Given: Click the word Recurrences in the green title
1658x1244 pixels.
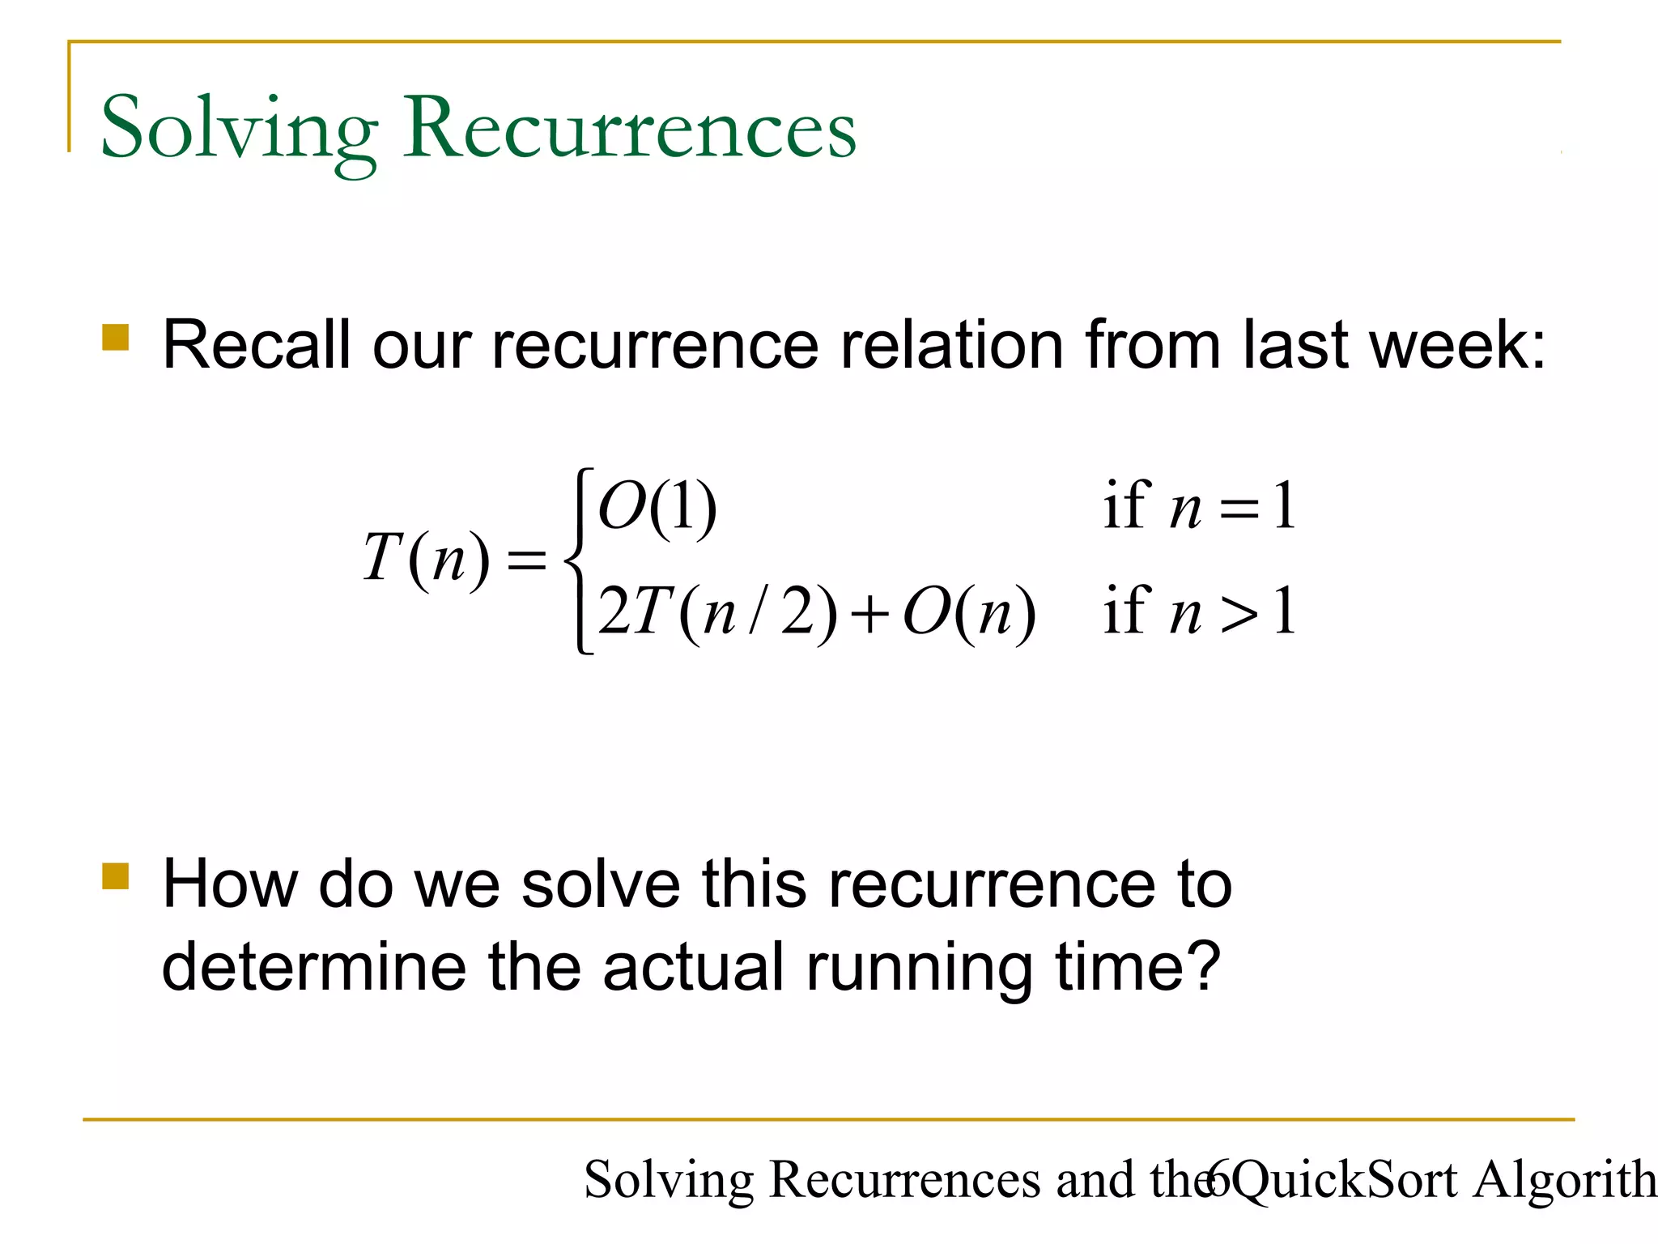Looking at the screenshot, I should pyautogui.click(x=631, y=128).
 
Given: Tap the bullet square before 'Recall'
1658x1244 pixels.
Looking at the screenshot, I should pyautogui.click(x=116, y=338).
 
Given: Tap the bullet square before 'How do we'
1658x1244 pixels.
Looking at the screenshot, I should pyautogui.click(x=116, y=876).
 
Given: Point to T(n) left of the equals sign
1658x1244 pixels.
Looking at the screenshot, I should pyautogui.click(x=426, y=558).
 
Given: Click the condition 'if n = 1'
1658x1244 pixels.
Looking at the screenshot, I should pyautogui.click(x=1199, y=507).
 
